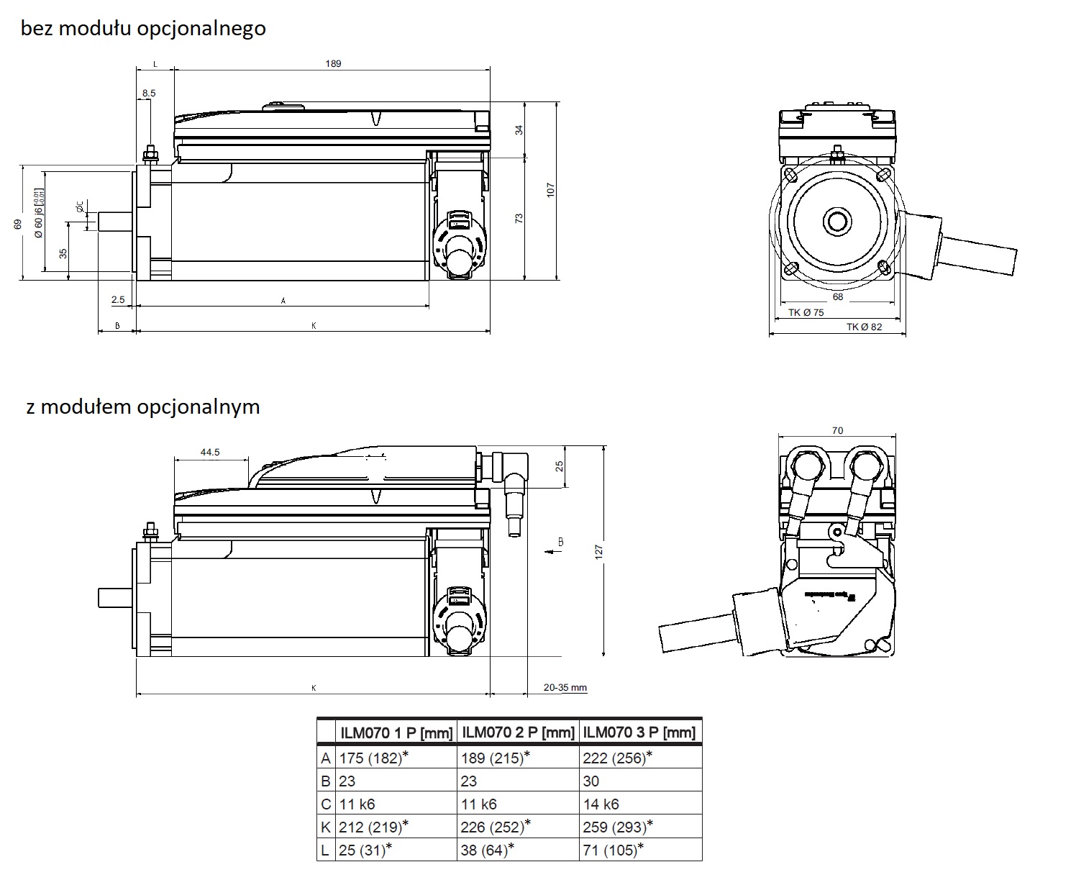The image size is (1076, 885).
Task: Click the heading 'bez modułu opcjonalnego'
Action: [143, 29]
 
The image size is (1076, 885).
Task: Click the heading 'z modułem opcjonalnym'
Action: [142, 407]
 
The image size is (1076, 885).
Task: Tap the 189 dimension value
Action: [333, 63]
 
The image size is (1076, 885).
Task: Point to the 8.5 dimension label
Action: [149, 93]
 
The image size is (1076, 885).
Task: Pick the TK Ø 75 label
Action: [806, 312]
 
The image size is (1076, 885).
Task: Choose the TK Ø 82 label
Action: [864, 327]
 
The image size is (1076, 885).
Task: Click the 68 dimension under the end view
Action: [837, 296]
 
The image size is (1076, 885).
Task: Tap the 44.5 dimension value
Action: [210, 453]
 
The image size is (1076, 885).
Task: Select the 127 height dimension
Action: [598, 551]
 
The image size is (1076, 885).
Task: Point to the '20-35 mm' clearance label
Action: [565, 687]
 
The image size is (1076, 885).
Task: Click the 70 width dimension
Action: [837, 430]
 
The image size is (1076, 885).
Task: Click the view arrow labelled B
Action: [554, 550]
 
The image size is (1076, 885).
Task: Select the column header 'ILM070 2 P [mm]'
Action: [518, 732]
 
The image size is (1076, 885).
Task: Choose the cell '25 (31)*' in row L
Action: [365, 850]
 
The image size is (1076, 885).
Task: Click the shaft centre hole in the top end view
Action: [836, 221]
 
